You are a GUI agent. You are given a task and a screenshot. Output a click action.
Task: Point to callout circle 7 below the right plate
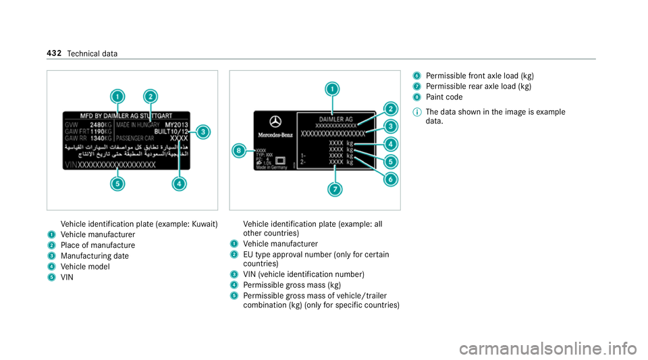[333, 190]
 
